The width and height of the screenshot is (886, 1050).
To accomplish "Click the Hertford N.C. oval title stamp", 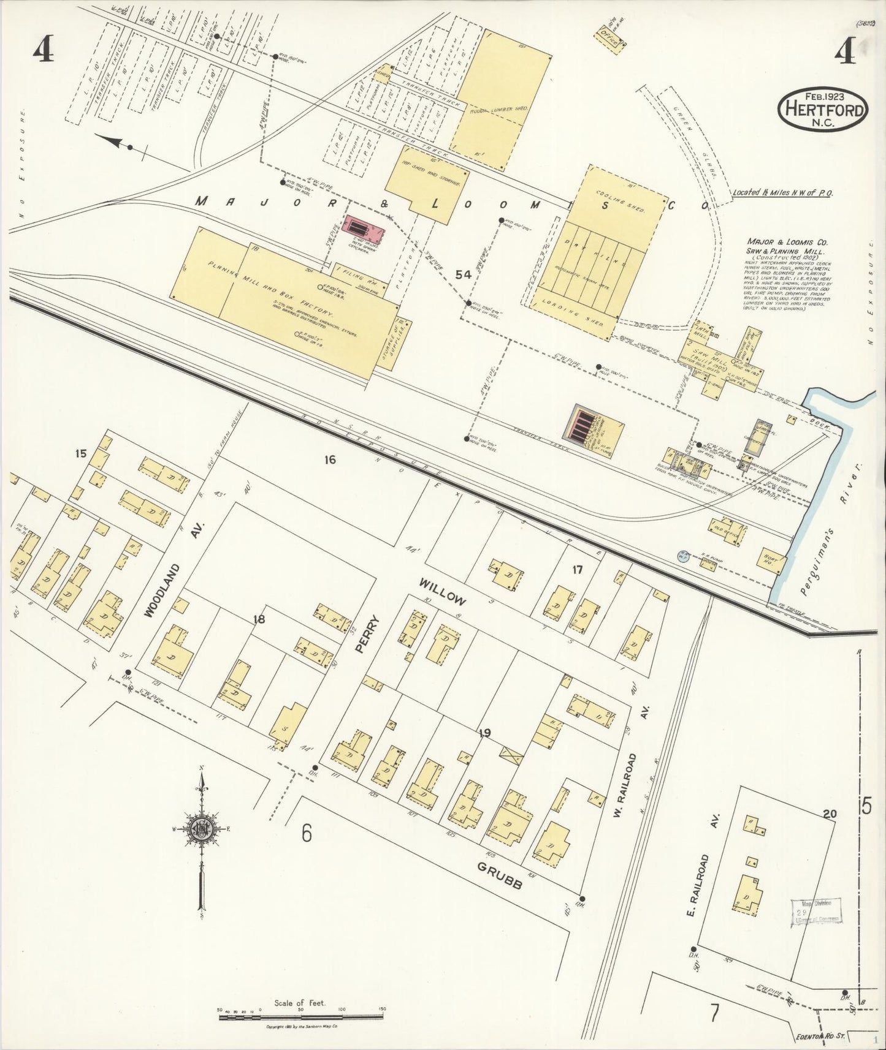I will click(823, 109).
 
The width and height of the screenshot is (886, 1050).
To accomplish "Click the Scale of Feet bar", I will click(300, 1018).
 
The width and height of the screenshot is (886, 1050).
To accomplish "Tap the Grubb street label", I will click(500, 876).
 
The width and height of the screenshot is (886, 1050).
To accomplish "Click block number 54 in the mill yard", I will click(463, 275).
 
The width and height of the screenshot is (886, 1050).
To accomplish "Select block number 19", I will click(484, 733).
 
